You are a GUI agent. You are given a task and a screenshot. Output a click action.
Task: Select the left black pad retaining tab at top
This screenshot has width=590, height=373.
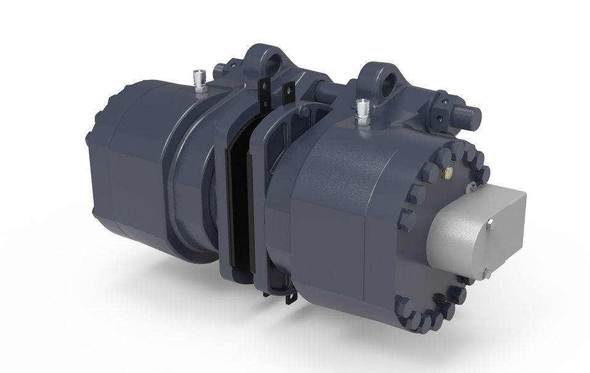pos(267,92)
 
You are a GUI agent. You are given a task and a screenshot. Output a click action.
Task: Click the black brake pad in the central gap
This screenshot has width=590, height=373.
pos(236,203)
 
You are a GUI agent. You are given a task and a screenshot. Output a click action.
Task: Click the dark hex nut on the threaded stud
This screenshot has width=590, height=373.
pos(448,110)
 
